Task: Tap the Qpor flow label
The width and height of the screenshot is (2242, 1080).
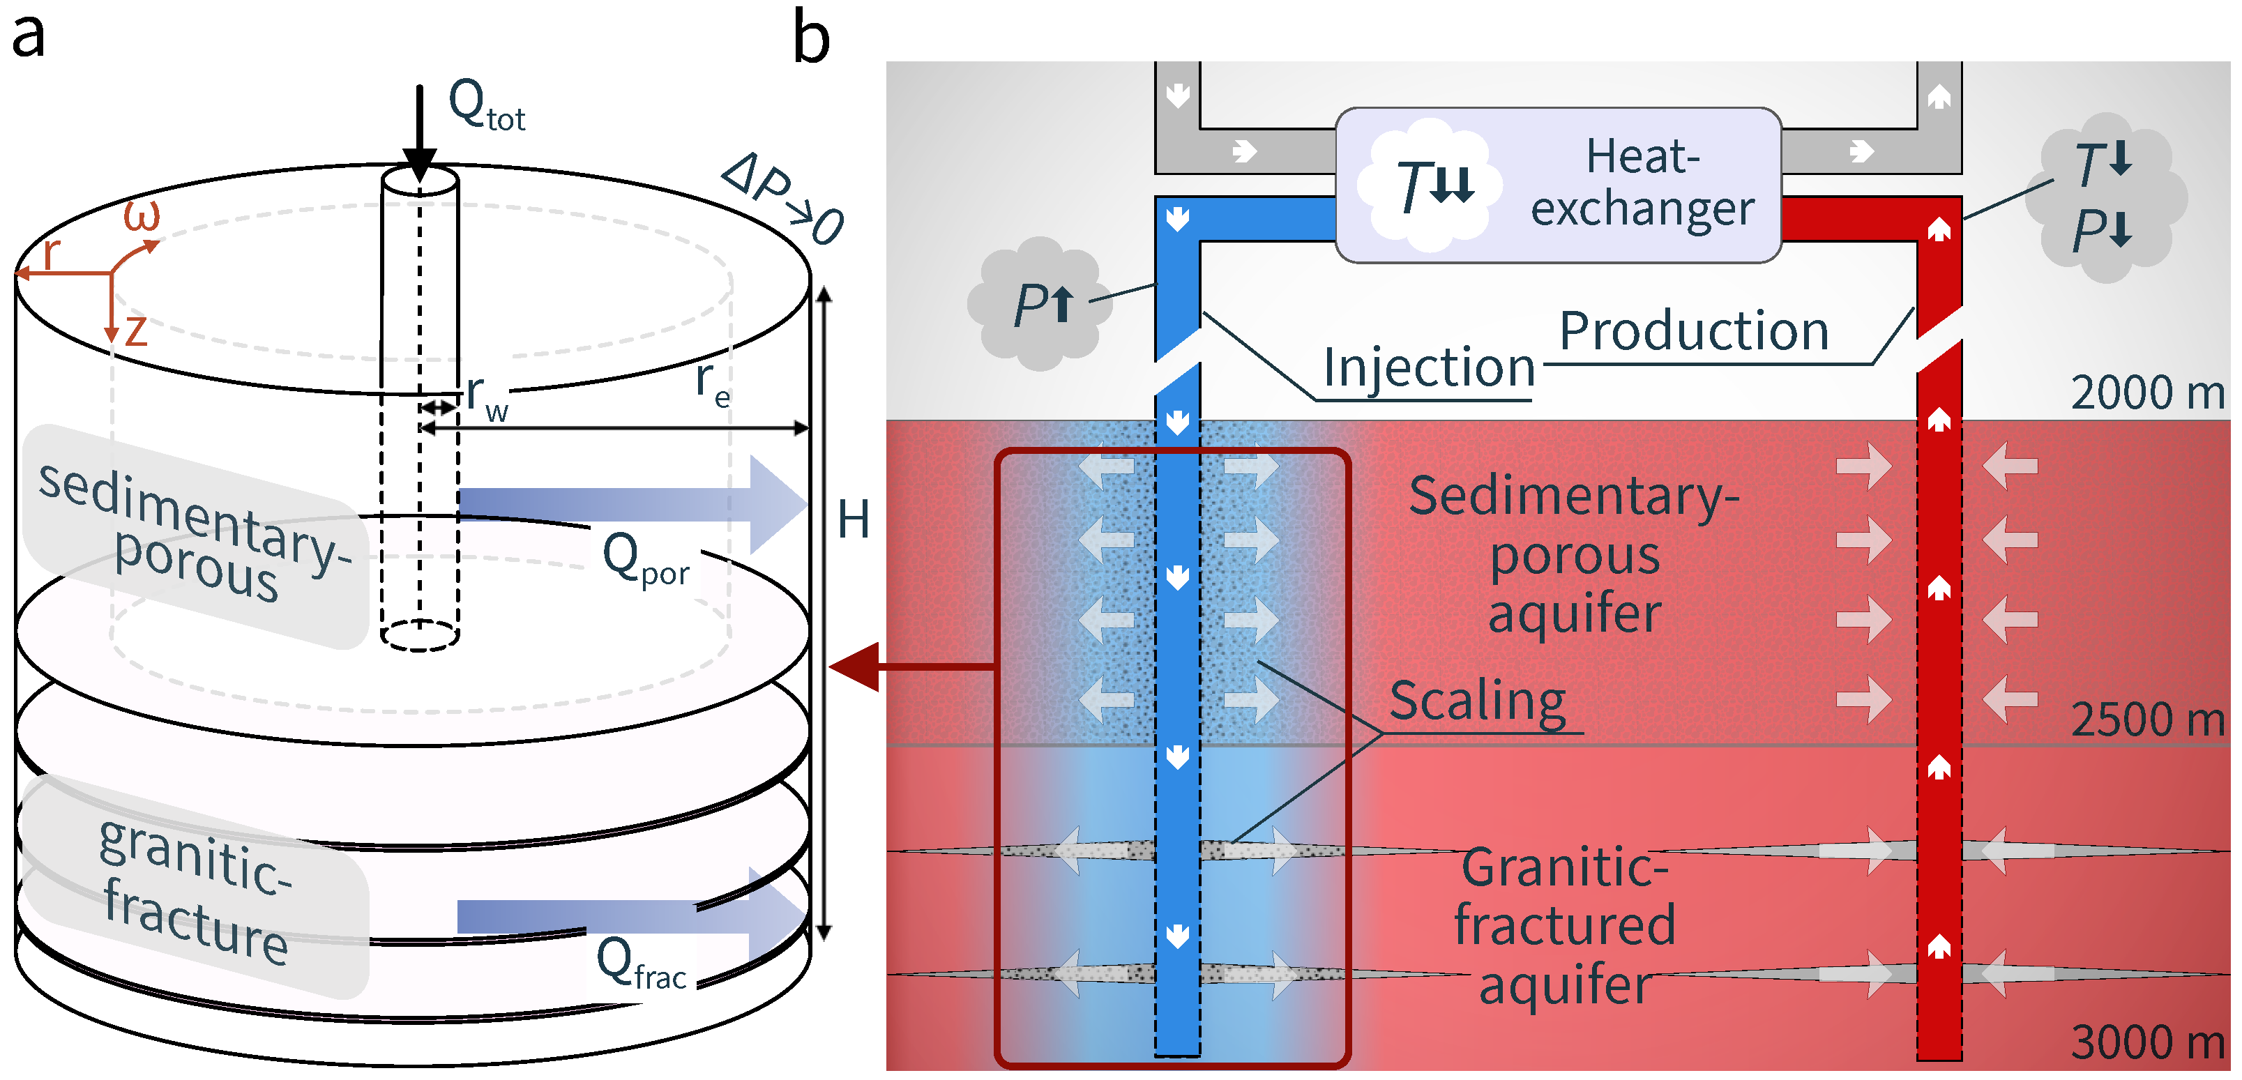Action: tap(646, 560)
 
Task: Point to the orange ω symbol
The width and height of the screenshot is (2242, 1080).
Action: tap(142, 215)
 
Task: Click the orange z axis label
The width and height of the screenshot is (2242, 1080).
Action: tap(137, 330)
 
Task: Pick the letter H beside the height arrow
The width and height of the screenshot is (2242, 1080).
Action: tap(853, 520)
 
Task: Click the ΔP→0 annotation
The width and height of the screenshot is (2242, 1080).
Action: tap(783, 199)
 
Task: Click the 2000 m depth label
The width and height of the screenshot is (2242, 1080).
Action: tap(2147, 393)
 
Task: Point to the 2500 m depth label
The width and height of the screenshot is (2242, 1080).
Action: tap(2147, 720)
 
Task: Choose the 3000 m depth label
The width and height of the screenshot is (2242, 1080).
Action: tap(2147, 1042)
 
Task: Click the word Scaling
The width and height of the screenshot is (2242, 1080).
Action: tap(1477, 701)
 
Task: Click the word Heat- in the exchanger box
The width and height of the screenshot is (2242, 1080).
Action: tap(1642, 157)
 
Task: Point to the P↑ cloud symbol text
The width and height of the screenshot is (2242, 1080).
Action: tap(1043, 305)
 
